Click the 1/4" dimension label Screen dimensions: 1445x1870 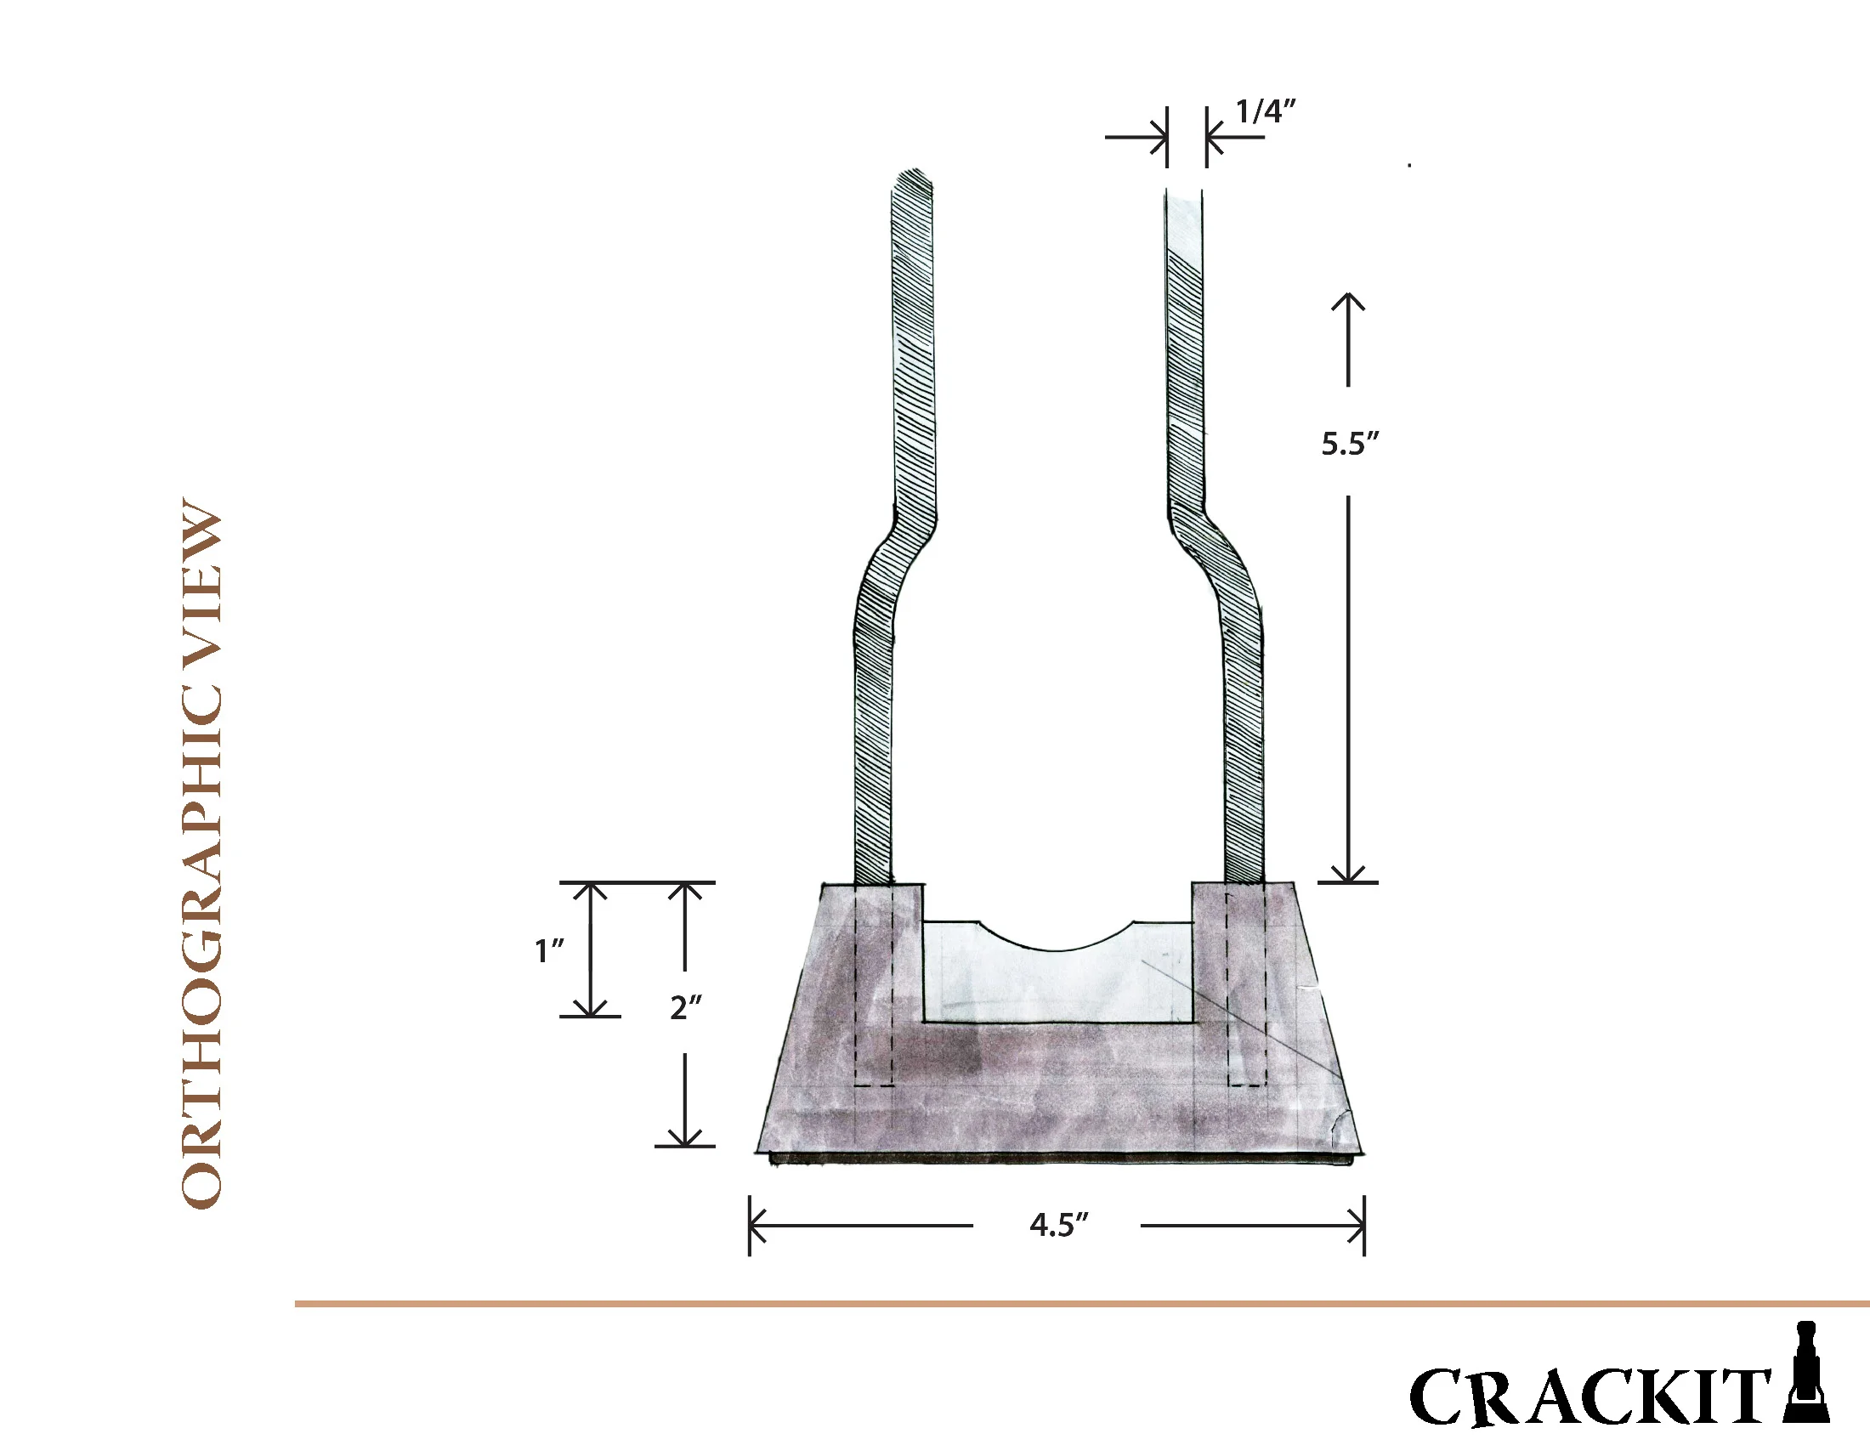pyautogui.click(x=1264, y=111)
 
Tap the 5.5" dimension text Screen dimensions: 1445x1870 pyautogui.click(x=1350, y=444)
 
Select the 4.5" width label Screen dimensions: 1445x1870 pyautogui.click(x=1058, y=1225)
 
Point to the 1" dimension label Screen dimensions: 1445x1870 pyautogui.click(x=549, y=950)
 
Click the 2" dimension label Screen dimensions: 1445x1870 pyautogui.click(x=685, y=1007)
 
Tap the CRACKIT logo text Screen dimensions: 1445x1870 pyautogui.click(x=1589, y=1397)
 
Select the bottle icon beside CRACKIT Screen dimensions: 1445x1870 pyautogui.click(x=1805, y=1373)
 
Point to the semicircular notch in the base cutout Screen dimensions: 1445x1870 pyautogui.click(x=1057, y=937)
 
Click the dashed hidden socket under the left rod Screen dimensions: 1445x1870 pyautogui.click(x=874, y=984)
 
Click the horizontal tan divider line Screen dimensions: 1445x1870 pyautogui.click(x=1079, y=1304)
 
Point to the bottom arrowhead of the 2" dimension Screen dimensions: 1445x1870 pyautogui.click(x=685, y=1137)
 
